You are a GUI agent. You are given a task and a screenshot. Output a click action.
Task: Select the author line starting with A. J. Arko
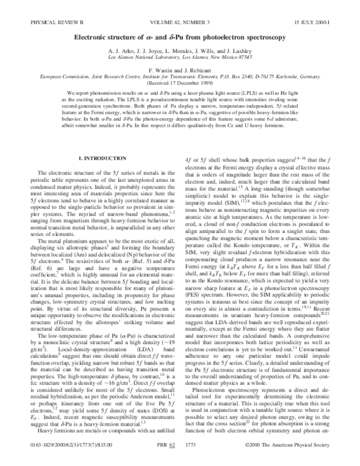[x=180, y=51]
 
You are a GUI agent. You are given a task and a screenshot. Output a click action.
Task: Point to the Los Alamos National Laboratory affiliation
[x=180, y=58]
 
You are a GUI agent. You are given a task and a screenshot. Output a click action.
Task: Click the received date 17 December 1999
[x=180, y=85]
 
